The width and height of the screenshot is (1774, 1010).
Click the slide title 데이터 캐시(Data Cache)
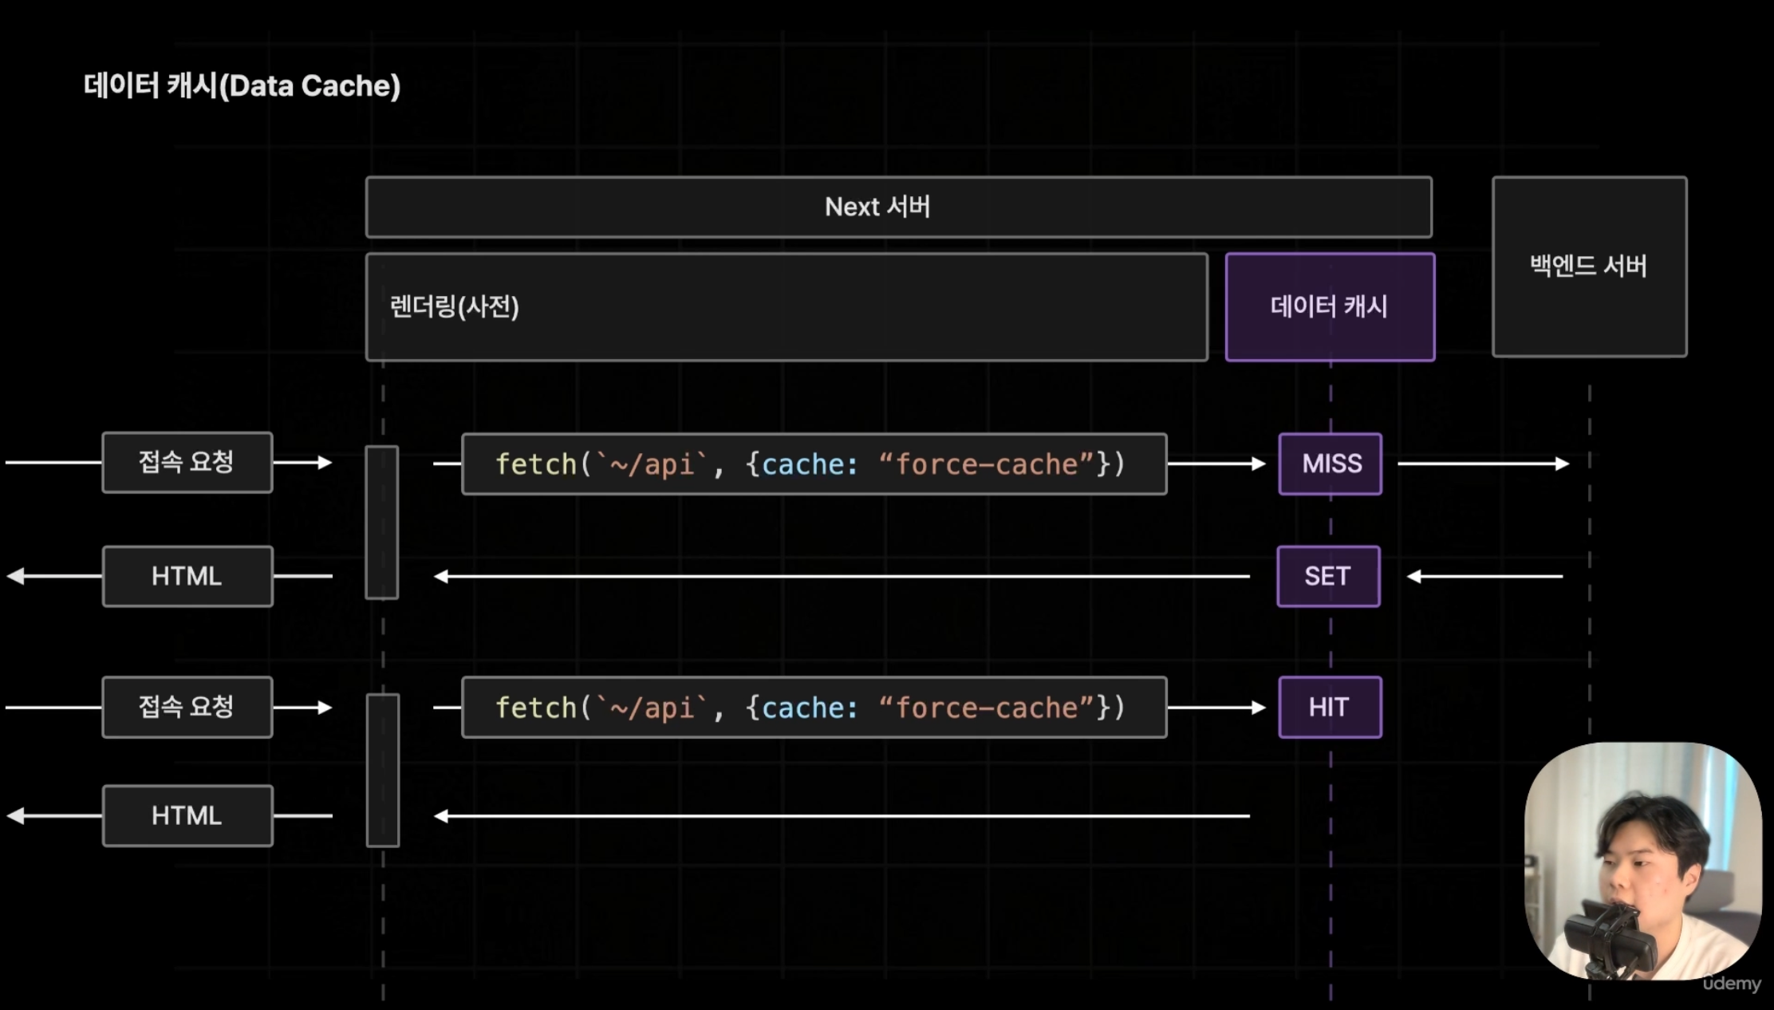242,85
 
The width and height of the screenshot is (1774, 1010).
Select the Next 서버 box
899,207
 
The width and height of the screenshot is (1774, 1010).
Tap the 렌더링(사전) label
455,307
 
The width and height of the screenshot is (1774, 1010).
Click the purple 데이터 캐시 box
1330,307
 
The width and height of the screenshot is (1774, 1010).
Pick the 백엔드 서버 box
1590,266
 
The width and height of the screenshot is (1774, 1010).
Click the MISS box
1330,464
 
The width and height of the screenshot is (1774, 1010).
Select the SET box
1329,576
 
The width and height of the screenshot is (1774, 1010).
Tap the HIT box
1330,707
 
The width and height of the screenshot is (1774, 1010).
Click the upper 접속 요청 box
187,463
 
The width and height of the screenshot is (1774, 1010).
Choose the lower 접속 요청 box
187,707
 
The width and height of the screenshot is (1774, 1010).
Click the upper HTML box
187,576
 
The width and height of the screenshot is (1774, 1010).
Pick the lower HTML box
187,816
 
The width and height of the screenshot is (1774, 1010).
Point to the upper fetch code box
814,464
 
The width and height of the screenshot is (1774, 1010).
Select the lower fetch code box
814,708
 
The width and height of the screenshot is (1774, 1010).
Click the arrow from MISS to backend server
1484,464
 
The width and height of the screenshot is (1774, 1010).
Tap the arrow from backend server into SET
1484,576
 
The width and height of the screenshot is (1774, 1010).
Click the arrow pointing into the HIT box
1217,708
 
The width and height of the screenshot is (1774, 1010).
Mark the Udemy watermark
1732,984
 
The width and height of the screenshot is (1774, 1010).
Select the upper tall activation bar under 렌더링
382,523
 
